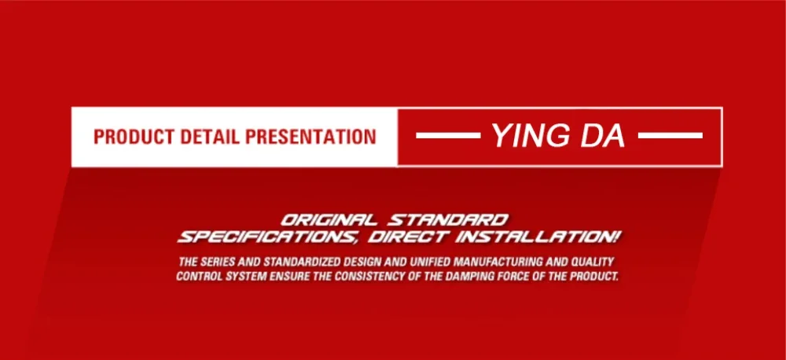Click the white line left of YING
coord(448,135)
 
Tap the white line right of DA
coord(670,135)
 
